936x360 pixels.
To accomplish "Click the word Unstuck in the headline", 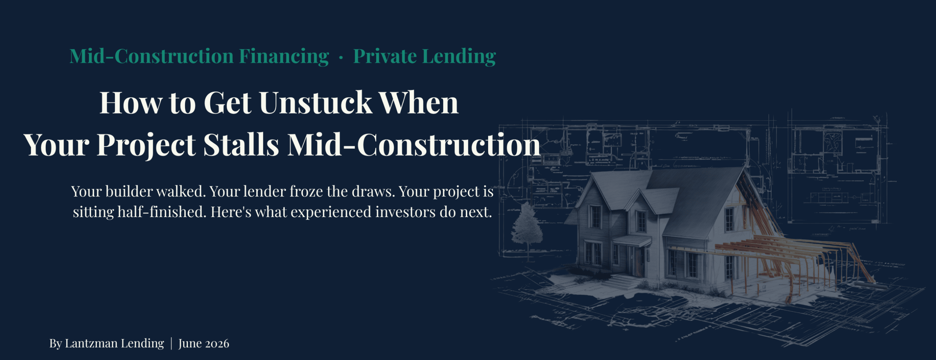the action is pos(316,103).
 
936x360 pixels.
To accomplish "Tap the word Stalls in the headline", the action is pos(241,145).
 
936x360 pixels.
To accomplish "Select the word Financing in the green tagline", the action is pos(284,57).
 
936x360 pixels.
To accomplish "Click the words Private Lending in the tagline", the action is pos(424,57).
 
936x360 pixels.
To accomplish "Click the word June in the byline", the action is pos(190,344).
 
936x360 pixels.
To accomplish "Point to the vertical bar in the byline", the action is pos(171,344).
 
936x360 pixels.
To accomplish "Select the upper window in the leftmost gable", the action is pos(596,216).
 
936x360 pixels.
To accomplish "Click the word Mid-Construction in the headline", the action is pos(414,145).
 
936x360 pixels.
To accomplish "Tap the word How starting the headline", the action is pos(131,103).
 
